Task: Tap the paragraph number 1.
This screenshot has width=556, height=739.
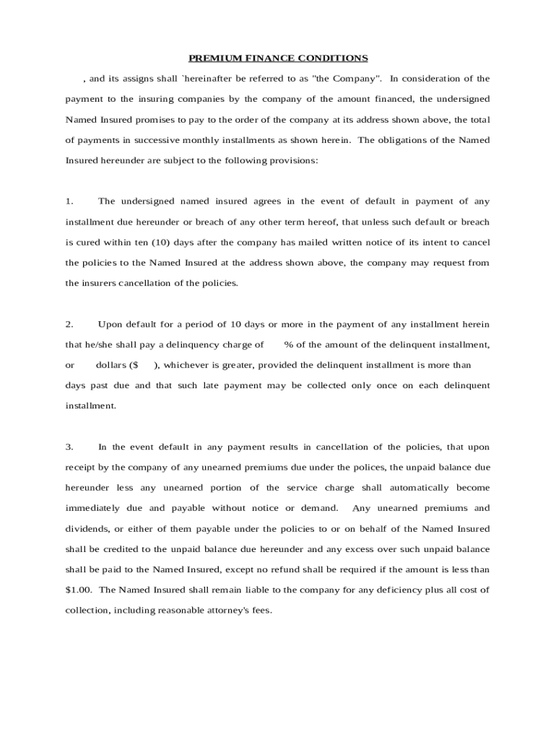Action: point(69,201)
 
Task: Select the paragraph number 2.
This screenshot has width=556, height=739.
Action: point(69,324)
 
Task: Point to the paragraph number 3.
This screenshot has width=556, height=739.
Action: point(69,447)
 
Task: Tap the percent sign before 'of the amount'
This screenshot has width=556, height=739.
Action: point(287,344)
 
